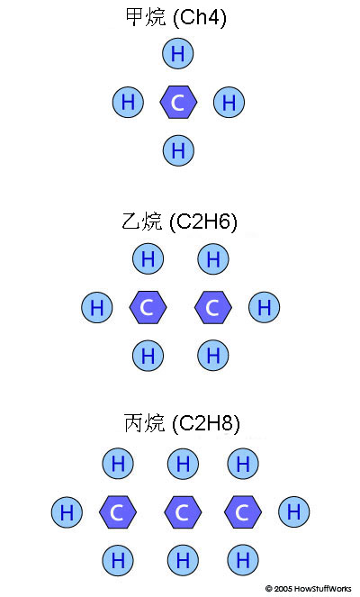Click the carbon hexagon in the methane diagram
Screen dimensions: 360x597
pyautogui.click(x=178, y=102)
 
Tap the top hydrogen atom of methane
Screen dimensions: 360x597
pyautogui.click(x=178, y=53)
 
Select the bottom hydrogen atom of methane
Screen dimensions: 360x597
pyautogui.click(x=178, y=150)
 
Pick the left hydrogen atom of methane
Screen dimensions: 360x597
pyautogui.click(x=128, y=102)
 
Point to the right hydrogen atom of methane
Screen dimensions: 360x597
pyautogui.click(x=229, y=102)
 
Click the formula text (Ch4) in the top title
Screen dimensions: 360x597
pyautogui.click(x=200, y=17)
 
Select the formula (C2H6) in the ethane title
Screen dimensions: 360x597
pyautogui.click(x=202, y=222)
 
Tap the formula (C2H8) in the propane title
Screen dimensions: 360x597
pyautogui.click(x=205, y=423)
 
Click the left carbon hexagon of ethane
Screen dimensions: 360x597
pyautogui.click(x=148, y=307)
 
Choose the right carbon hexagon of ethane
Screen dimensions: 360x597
pyautogui.click(x=213, y=307)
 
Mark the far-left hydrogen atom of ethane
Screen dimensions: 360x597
pyautogui.click(x=97, y=307)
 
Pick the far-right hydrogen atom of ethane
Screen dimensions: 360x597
pyautogui.click(x=264, y=307)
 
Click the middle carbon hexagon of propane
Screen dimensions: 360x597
pyautogui.click(x=183, y=512)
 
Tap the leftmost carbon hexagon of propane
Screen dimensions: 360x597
pyautogui.click(x=118, y=512)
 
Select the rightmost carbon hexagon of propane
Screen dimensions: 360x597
pyautogui.click(x=243, y=512)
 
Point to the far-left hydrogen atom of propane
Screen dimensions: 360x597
pyautogui.click(x=67, y=512)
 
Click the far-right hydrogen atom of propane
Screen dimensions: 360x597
pyautogui.click(x=293, y=511)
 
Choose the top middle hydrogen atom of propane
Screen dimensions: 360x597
pyautogui.click(x=183, y=464)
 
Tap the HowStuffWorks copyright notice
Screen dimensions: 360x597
pyautogui.click(x=308, y=589)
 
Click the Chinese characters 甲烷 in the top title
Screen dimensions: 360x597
pyautogui.click(x=146, y=17)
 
